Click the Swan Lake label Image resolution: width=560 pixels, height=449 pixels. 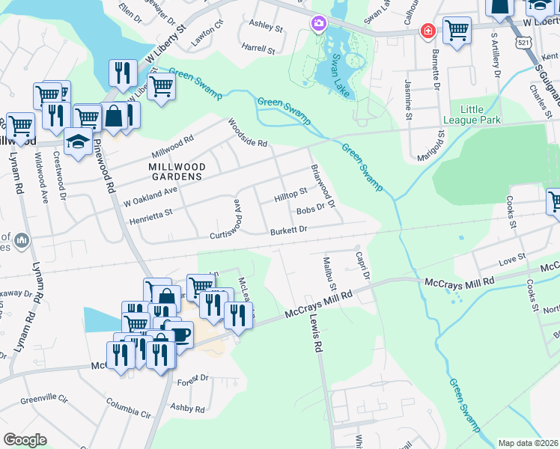334,75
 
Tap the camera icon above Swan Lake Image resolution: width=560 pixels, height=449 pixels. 319,24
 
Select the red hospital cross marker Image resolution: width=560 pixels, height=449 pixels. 427,31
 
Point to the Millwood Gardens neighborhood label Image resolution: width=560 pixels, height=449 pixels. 175,171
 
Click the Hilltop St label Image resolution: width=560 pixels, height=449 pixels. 291,195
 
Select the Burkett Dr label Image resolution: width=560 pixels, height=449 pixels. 289,231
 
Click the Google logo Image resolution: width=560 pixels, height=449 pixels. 25,440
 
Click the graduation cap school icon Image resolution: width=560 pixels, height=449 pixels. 78,141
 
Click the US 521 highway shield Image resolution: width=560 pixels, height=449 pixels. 519,46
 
